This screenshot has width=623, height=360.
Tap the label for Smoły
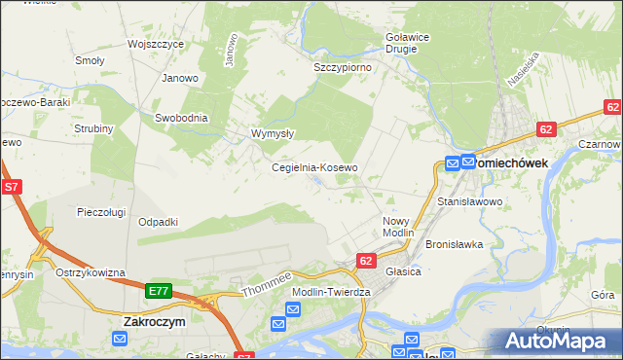click(x=90, y=59)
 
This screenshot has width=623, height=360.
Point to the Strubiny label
click(x=94, y=128)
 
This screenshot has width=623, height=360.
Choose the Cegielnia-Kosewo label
click(x=314, y=167)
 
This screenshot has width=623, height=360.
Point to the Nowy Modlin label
click(x=398, y=228)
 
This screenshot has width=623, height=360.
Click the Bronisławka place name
click(x=455, y=244)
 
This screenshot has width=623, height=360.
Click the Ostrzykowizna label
click(x=91, y=272)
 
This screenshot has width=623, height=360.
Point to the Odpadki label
click(x=158, y=222)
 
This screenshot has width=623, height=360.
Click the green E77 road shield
click(x=160, y=290)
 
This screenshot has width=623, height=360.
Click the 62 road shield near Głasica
click(x=366, y=261)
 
